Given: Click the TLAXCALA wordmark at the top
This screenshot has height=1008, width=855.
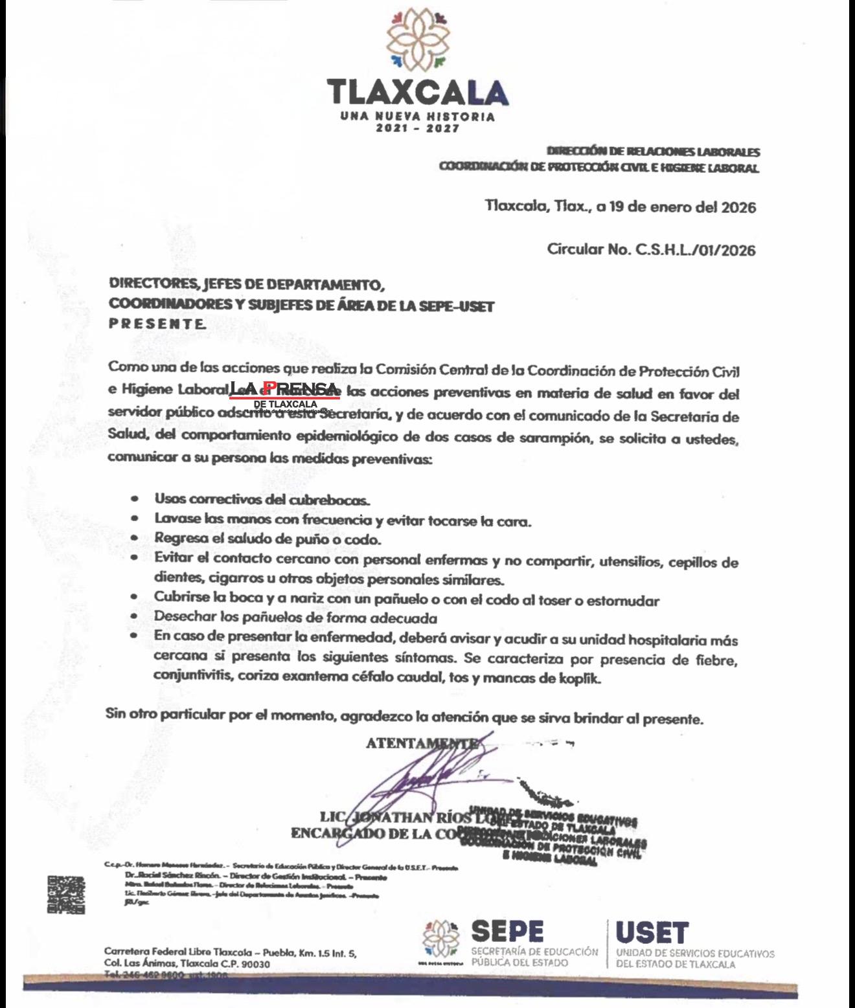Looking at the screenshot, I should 418,93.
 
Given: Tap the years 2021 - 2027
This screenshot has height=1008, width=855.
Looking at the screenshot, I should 418,128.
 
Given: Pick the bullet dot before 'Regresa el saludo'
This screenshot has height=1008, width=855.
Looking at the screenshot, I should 134,538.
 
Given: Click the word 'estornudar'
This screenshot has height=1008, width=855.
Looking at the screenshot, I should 622,601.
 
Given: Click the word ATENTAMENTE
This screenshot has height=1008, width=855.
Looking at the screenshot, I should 422,744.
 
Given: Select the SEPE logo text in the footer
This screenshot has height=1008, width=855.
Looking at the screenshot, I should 507,932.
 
